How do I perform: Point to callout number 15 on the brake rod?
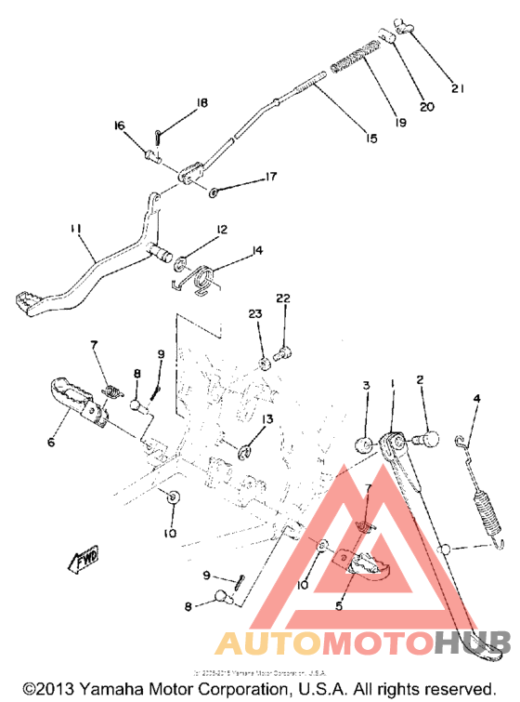[370, 139]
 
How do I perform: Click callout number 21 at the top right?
[456, 88]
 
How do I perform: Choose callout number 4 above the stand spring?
[477, 399]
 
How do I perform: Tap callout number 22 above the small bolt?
[282, 298]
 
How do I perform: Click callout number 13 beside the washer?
[266, 420]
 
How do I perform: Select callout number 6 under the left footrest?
[50, 443]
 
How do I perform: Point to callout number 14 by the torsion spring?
[257, 250]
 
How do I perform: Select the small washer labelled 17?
[214, 192]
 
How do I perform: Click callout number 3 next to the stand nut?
[367, 385]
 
